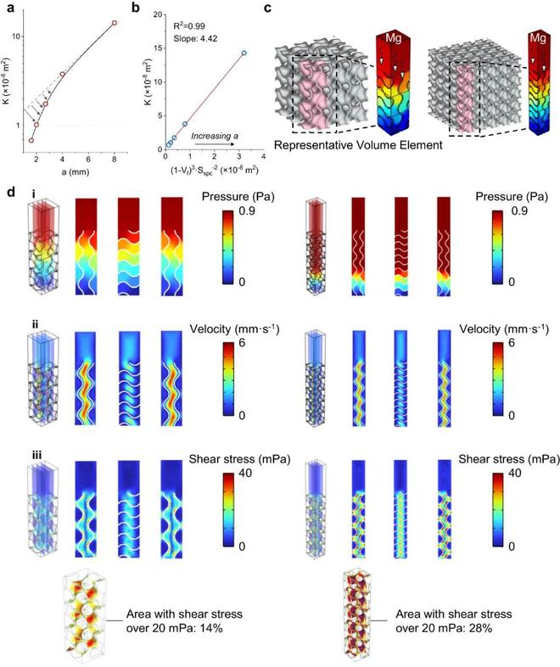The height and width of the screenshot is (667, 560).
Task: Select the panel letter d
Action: pos(10,193)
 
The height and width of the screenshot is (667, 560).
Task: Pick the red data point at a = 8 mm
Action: pos(115,23)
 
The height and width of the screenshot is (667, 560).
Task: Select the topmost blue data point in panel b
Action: pos(244,53)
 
